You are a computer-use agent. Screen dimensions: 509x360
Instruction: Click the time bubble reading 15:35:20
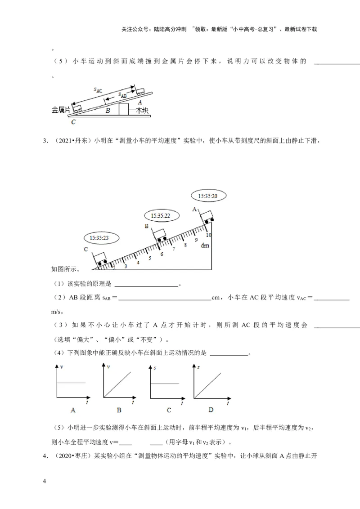point(208,196)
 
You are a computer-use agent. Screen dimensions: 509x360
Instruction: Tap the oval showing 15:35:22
point(160,216)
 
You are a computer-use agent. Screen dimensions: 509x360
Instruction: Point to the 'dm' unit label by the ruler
point(205,246)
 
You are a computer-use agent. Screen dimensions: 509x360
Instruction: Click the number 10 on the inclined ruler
point(208,235)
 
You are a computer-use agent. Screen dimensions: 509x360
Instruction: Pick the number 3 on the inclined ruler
point(126,266)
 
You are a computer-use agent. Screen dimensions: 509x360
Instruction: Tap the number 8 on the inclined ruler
point(185,245)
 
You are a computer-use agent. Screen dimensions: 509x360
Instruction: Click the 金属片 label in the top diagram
point(60,110)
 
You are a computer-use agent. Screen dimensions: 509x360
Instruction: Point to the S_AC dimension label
point(98,90)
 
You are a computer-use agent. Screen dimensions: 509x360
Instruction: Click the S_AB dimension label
point(122,94)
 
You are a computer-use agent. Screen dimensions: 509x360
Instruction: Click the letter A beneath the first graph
point(72,410)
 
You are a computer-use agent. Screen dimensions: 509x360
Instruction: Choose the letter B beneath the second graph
point(119,410)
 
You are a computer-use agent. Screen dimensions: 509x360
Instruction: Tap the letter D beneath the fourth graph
point(211,410)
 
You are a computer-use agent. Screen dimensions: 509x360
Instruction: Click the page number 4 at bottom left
point(44,482)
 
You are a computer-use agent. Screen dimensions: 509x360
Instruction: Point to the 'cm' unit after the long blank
point(215,297)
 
